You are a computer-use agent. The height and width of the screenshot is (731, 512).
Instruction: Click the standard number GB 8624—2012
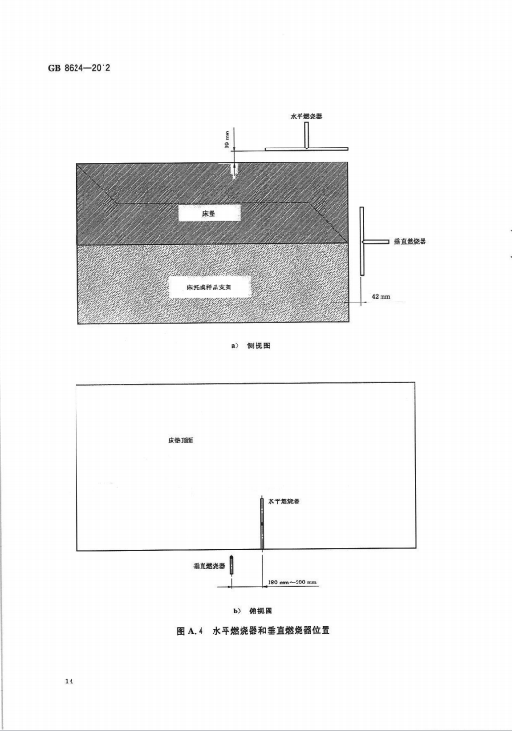click(x=79, y=68)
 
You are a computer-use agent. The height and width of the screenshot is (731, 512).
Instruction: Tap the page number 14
click(x=69, y=682)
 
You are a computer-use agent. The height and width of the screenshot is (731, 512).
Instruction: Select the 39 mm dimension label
click(x=227, y=140)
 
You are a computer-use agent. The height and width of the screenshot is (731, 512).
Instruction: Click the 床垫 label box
click(x=210, y=214)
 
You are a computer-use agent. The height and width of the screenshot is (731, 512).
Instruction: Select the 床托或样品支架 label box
click(x=215, y=288)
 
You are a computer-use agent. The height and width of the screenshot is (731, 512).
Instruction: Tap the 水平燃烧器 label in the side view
click(x=306, y=116)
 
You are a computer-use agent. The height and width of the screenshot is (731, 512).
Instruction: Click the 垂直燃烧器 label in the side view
click(x=410, y=241)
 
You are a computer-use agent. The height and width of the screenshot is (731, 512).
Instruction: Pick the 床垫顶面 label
click(x=181, y=440)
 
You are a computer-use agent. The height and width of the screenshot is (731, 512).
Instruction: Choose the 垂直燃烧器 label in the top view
click(x=209, y=566)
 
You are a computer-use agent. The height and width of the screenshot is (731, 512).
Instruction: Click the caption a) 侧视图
click(x=251, y=345)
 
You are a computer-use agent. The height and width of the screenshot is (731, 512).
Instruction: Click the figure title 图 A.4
click(x=190, y=631)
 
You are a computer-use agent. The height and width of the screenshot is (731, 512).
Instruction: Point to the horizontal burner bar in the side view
click(x=306, y=149)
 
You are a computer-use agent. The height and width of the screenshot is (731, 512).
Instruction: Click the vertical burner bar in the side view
click(x=362, y=241)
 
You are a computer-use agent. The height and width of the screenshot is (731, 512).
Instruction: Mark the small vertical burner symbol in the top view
click(x=231, y=565)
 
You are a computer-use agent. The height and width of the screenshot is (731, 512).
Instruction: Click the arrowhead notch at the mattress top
click(x=235, y=174)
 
